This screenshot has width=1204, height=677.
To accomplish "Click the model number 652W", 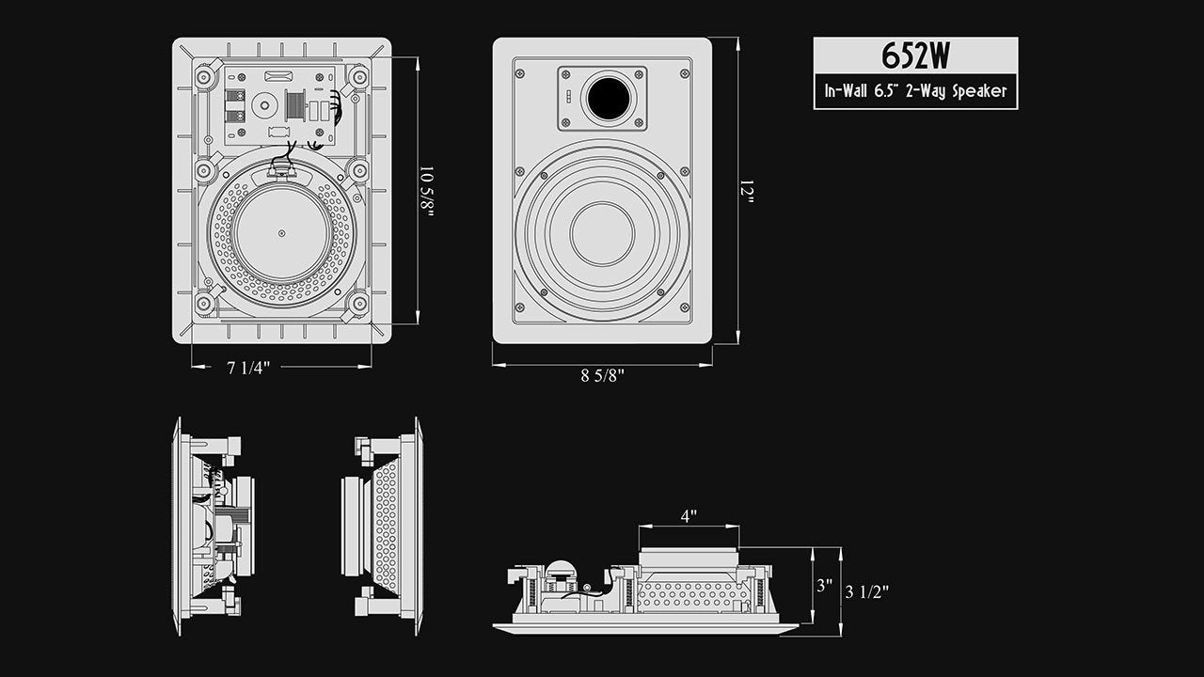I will coord(915,56).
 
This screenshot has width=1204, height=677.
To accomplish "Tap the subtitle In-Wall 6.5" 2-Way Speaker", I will coord(915,91).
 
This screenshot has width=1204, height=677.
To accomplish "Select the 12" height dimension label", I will coord(748,193).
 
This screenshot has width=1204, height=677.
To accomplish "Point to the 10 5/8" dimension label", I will coord(428,192).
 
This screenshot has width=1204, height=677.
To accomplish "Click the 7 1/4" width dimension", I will coord(248,368).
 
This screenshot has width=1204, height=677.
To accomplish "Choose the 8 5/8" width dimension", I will coord(602,375).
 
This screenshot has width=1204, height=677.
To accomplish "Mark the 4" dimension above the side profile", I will coord(689,517).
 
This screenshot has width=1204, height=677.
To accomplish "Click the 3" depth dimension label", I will coord(824,585).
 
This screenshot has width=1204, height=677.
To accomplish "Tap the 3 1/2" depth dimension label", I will coord(866,591).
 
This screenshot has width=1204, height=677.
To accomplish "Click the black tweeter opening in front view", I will coord(609,99).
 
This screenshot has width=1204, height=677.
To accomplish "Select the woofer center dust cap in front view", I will coord(602,234).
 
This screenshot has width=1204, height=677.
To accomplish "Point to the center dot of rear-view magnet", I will coord(281,233).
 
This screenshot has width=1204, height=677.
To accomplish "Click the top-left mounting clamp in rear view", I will coord(204,76).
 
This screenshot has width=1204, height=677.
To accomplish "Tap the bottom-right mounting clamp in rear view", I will coord(357,303).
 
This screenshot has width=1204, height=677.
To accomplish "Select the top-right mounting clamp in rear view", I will coord(358,76).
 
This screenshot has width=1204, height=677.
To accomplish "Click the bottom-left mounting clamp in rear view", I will coord(204,303).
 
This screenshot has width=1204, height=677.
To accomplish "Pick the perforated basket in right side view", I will coord(386,526).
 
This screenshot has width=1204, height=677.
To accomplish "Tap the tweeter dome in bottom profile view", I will coord(561,570).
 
